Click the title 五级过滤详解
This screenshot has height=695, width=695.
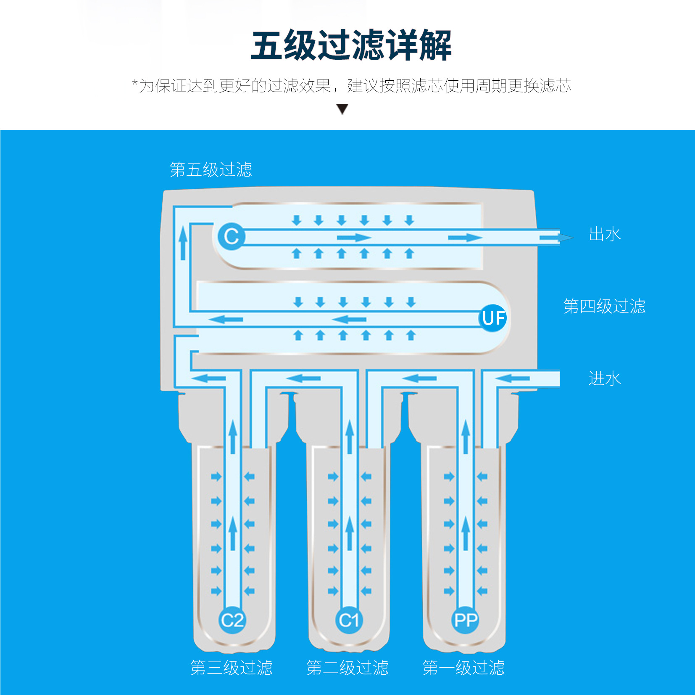pos(351,45)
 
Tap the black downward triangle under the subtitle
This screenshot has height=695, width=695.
pos(342,109)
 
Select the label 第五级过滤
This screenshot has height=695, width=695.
pos(211,170)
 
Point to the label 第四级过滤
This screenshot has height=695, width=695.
pos(604,306)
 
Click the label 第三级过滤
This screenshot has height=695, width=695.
pos(232,667)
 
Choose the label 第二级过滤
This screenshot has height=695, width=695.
pos(347,667)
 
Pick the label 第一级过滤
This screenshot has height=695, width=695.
pos(463,667)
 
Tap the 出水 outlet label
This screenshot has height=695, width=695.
pos(605,234)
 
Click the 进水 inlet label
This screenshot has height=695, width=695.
pos(605,378)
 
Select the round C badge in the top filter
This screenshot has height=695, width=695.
pos(232,236)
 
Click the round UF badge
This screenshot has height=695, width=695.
pos(493,318)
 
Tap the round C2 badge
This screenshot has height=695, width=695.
pos(232,620)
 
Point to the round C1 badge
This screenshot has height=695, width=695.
pos(349,620)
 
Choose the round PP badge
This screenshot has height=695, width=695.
pos(466,620)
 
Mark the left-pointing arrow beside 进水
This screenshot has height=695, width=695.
pos(512,378)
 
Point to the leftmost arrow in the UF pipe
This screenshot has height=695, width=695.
pos(226,320)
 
